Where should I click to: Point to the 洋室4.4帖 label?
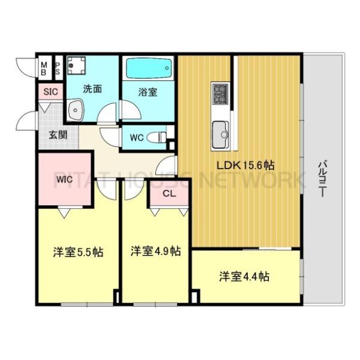click(243, 277)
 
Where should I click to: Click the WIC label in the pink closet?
click(65, 178)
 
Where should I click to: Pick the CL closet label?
click(169, 193)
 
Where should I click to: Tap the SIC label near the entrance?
click(49, 92)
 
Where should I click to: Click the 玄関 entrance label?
click(58, 134)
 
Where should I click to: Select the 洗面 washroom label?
click(92, 89)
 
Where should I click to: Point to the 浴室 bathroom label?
click(148, 93)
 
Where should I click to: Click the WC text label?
click(136, 137)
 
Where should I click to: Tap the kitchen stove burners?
click(220, 94)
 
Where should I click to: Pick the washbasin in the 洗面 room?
click(76, 110)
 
